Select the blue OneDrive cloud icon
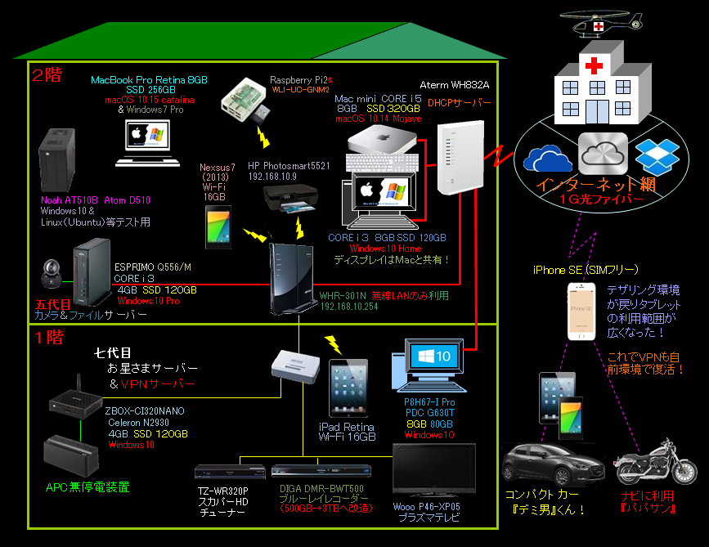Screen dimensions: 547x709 [549, 157]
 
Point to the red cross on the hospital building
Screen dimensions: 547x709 [592, 65]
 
